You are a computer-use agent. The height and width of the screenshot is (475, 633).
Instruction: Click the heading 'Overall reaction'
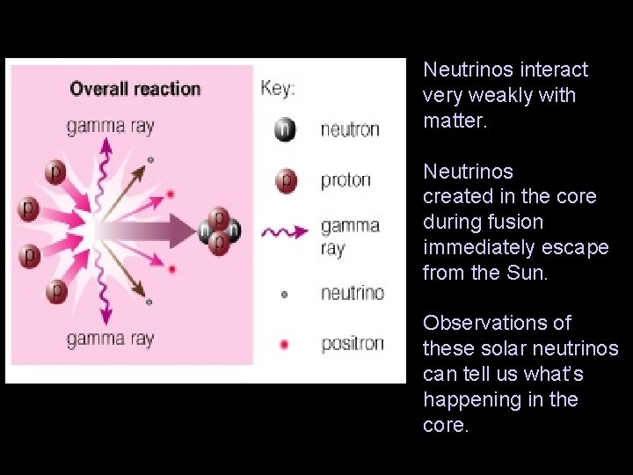pyautogui.click(x=135, y=89)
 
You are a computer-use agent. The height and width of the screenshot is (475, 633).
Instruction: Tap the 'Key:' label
pyautogui.click(x=278, y=89)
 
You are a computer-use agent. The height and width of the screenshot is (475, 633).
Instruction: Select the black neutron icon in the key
pyautogui.click(x=284, y=129)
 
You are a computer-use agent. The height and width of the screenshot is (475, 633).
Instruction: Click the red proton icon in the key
pyautogui.click(x=284, y=180)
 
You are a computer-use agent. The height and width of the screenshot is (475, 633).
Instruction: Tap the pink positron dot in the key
pyautogui.click(x=284, y=344)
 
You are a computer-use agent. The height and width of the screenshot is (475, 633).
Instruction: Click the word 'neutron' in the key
pyautogui.click(x=350, y=130)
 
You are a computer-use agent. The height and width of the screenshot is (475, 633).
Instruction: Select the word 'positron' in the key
pyautogui.click(x=352, y=344)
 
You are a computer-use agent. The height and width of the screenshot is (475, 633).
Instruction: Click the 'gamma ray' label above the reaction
pyautogui.click(x=110, y=127)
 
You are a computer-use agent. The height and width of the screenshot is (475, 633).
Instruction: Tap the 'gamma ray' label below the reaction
pyautogui.click(x=110, y=340)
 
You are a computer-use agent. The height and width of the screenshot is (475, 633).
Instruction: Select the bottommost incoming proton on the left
pyautogui.click(x=57, y=289)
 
